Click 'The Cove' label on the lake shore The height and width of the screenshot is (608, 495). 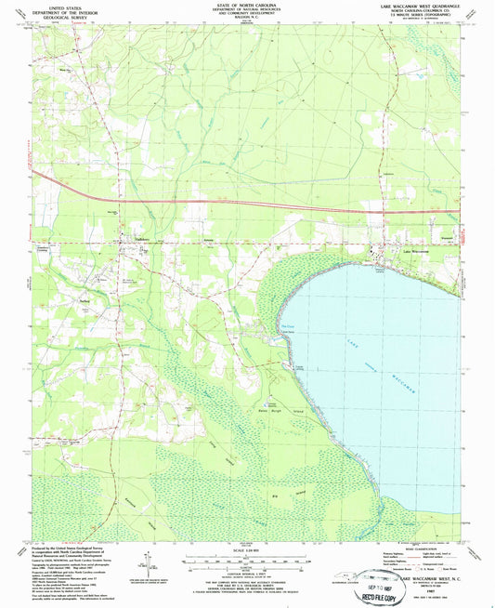tap(285, 325)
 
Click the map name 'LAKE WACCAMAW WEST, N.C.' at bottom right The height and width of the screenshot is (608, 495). tap(440, 578)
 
